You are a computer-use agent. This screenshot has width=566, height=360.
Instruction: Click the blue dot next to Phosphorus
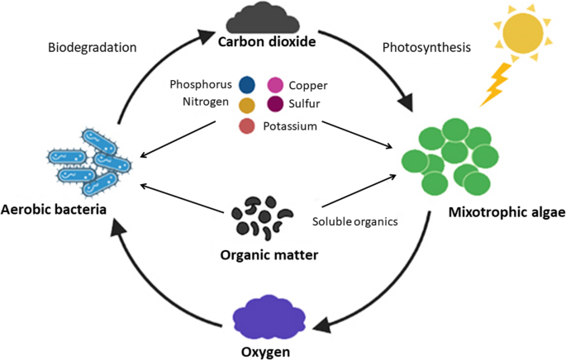pos(245,84)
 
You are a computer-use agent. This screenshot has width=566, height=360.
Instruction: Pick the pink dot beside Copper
pos(275,84)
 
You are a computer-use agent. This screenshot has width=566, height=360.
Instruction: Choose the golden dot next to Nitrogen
pos(245,104)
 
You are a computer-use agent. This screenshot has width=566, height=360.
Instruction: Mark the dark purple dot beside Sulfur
pos(275,104)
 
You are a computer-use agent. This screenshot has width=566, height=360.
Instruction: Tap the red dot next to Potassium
pos(246,126)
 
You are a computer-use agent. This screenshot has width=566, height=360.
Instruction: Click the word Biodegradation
pos(93,48)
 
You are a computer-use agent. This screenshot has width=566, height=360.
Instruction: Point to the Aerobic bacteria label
pos(55,209)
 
